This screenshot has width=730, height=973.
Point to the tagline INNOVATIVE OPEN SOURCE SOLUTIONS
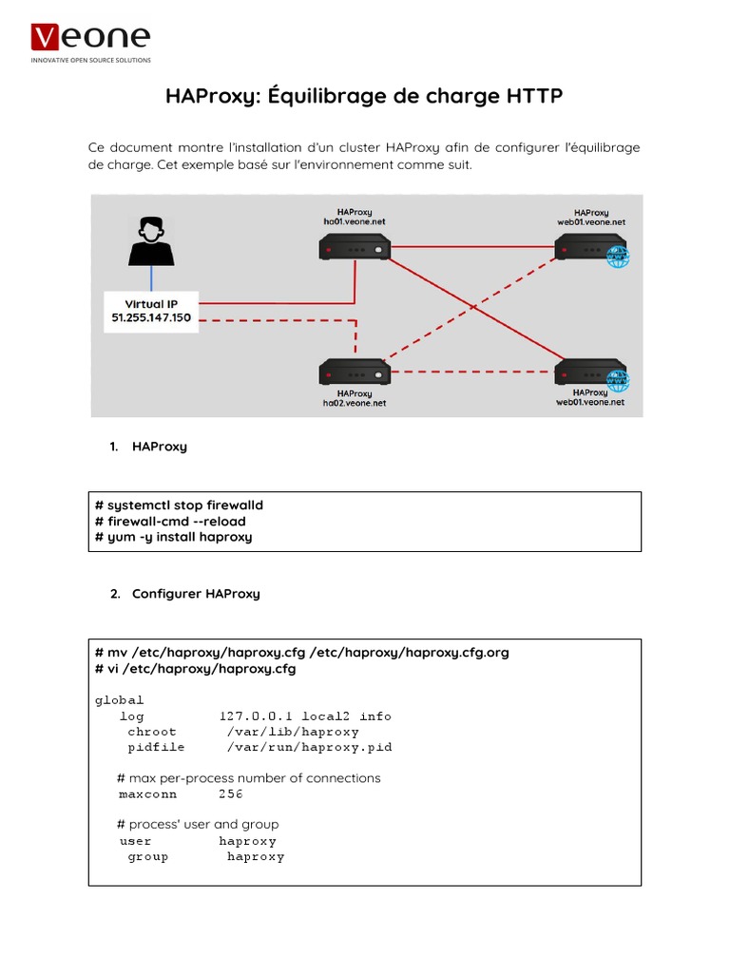(x=91, y=60)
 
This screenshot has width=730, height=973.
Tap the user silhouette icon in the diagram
(x=150, y=240)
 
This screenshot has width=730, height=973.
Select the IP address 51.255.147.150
(x=150, y=318)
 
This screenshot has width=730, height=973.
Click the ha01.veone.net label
(x=354, y=221)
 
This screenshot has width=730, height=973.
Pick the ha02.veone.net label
(x=354, y=403)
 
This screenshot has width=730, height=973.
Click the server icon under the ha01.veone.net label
(x=355, y=248)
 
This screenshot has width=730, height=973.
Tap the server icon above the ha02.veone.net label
(x=355, y=372)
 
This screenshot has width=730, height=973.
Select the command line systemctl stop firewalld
(x=180, y=505)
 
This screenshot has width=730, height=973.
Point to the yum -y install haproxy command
(x=174, y=537)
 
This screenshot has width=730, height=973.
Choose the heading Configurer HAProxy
(x=196, y=594)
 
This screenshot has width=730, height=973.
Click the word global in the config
(x=120, y=700)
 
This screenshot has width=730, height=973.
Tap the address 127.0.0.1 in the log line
(x=257, y=716)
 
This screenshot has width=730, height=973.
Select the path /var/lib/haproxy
(x=293, y=732)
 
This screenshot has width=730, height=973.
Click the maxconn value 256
(x=231, y=793)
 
